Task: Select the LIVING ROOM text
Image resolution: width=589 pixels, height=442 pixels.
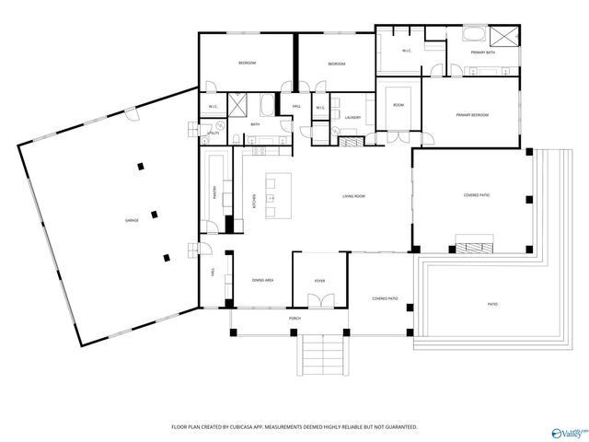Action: point(355,196)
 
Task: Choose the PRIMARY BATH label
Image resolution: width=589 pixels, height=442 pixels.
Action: point(483,53)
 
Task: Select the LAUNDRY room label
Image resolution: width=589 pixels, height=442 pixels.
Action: point(352,118)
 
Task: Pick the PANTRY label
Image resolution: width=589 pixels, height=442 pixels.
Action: point(215,192)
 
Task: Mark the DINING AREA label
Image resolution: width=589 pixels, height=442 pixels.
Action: point(263,280)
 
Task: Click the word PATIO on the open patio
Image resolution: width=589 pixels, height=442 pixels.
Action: point(492,304)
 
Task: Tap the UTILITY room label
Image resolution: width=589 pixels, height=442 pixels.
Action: point(214,134)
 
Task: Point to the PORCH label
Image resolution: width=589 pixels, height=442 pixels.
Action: point(294,319)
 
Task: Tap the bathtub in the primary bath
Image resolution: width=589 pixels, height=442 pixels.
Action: point(474,36)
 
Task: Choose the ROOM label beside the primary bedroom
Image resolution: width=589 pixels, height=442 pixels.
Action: point(398,105)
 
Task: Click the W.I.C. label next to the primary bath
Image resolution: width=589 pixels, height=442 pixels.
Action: point(406,51)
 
